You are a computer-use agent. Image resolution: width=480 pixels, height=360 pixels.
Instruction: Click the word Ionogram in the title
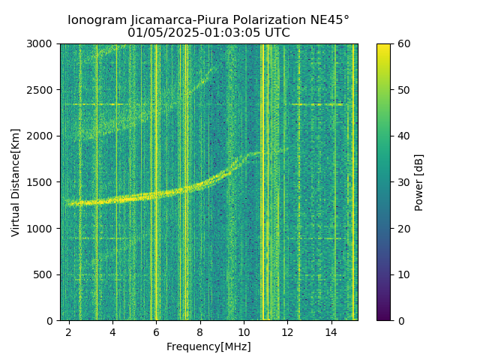[x=97, y=20]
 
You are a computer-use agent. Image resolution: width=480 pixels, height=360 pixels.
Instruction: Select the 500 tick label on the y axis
[x=46, y=274]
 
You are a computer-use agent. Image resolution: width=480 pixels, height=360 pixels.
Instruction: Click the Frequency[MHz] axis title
[x=208, y=346]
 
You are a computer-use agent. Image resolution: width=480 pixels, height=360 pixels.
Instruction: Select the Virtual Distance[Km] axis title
[x=16, y=182]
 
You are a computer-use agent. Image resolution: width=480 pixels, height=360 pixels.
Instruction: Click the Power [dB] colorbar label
[x=419, y=182]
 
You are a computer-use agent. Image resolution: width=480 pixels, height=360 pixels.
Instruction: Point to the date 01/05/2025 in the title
[x=157, y=33]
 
